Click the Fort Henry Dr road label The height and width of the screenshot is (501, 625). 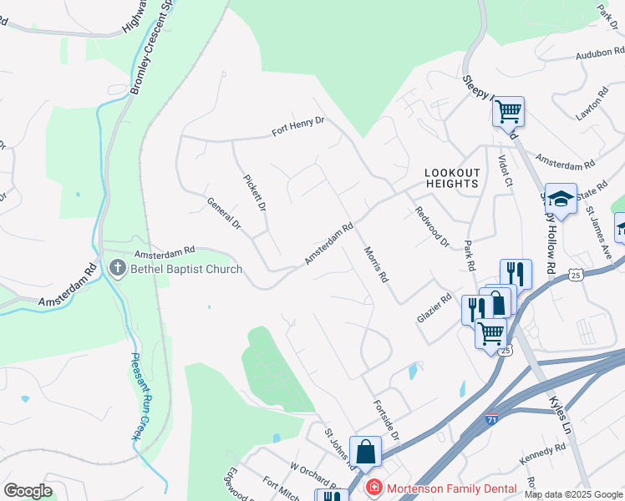click(x=297, y=128)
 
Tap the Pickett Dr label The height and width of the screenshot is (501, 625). click(x=254, y=193)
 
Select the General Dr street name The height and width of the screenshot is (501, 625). click(x=223, y=214)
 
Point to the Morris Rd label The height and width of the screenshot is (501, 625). click(x=377, y=264)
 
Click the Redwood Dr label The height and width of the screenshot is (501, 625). click(x=432, y=225)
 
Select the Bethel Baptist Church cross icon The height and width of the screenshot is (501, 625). click(x=118, y=269)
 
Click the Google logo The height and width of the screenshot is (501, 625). click(x=28, y=491)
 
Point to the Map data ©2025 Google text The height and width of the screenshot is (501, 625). click(x=572, y=494)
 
